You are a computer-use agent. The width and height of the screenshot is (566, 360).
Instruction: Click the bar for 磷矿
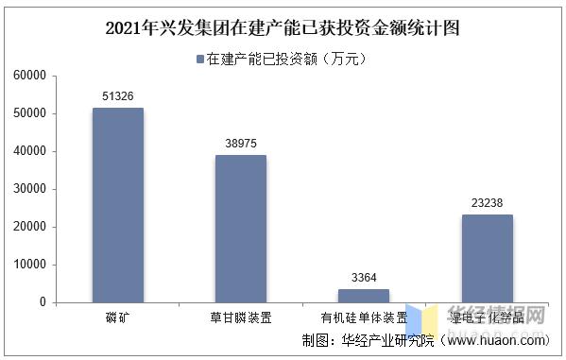coord(118,205)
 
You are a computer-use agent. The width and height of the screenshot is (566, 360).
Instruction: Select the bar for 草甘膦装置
coord(241,229)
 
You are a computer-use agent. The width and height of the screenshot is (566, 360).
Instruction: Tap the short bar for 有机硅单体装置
coord(364,295)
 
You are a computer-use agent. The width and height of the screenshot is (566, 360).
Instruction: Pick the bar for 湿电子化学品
coord(487,258)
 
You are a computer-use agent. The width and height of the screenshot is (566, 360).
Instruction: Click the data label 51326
coord(118,96)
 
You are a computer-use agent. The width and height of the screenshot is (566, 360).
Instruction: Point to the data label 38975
coord(241,143)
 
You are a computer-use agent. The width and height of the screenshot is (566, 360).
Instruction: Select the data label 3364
coord(364,277)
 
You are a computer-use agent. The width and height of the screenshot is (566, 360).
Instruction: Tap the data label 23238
coord(487,202)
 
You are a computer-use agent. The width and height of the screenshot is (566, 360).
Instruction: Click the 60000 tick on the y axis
coord(30,76)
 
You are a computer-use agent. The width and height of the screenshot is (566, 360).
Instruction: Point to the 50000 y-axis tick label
coord(30,113)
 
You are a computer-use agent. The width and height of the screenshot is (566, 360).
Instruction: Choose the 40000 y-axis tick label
coord(30,151)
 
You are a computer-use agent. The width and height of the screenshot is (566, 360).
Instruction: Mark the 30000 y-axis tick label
coord(30,189)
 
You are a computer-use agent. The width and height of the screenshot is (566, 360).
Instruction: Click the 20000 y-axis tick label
coord(30,227)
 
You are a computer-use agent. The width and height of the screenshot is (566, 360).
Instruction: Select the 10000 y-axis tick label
coord(30,265)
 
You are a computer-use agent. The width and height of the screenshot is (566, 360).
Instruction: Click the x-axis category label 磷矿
coord(118,317)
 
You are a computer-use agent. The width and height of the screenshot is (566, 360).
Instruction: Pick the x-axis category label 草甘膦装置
coord(241,317)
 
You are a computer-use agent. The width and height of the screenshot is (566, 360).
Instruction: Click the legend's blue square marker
coord(200,60)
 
